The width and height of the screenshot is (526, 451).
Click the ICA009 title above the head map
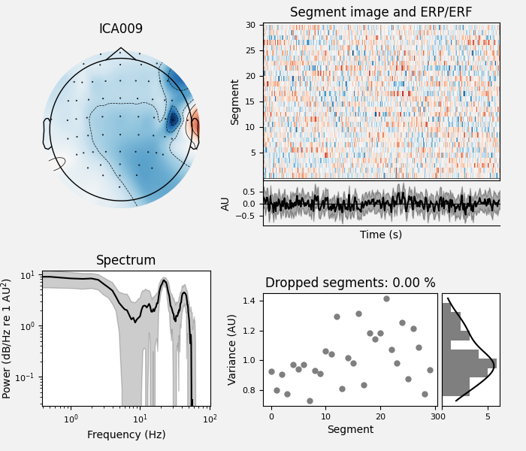pos(121,29)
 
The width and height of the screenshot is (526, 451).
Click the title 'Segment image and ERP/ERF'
pos(381,12)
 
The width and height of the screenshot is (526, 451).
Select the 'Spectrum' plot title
pos(125,261)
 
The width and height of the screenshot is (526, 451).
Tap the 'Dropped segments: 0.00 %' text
pos(350,283)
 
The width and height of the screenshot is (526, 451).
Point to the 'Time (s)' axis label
pos(380,235)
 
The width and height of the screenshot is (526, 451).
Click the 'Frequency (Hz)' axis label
pos(125,434)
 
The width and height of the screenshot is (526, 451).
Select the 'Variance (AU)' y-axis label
pos(233,350)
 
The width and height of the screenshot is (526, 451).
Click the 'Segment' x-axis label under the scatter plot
pos(350,430)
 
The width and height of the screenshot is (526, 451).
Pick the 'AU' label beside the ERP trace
pos(225,204)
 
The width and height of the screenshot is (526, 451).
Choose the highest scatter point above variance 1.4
pos(386,298)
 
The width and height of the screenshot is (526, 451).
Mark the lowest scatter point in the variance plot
pos(310,401)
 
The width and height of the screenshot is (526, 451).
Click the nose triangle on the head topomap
pos(121,53)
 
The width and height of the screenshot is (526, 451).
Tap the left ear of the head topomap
pos(47,134)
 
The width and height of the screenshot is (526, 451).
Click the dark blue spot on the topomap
pos(174,119)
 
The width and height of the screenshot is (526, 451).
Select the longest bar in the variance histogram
pos(469,363)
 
